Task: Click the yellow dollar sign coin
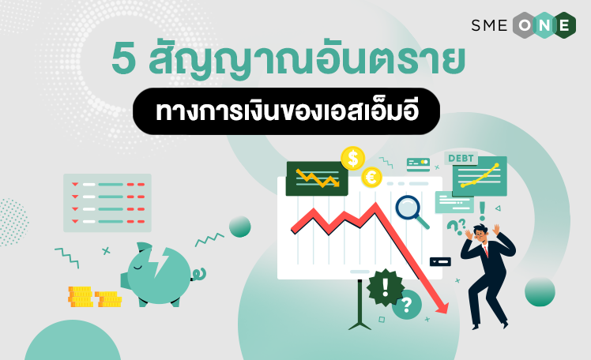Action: tap(353, 159)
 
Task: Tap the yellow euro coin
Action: tap(371, 178)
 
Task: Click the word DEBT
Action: tap(461, 159)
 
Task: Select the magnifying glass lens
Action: tap(408, 208)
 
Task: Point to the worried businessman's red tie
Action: tap(486, 250)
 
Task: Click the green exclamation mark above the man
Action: tap(482, 212)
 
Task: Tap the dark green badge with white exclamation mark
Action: tap(386, 287)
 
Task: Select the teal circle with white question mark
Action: tap(406, 305)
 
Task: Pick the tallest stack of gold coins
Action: tap(81, 297)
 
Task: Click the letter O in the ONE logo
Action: tap(525, 25)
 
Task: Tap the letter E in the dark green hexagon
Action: tap(564, 25)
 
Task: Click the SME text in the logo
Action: tap(489, 25)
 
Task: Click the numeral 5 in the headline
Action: tap(123, 60)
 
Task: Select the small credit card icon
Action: tap(419, 164)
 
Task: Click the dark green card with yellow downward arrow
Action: tap(317, 179)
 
